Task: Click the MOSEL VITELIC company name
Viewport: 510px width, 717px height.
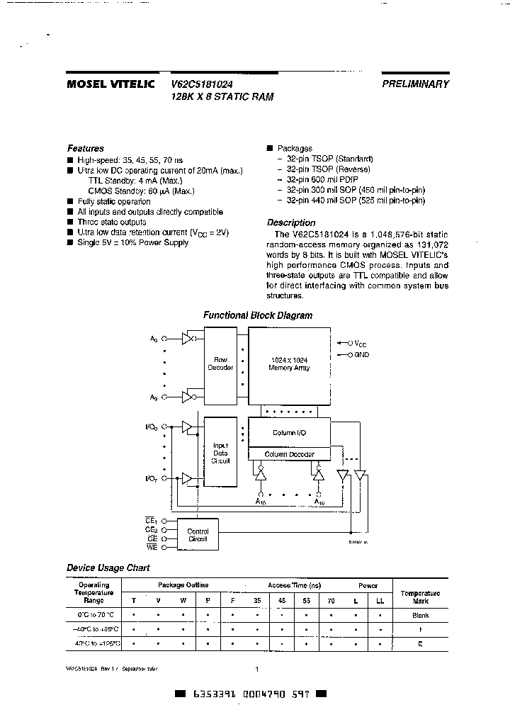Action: click(x=112, y=84)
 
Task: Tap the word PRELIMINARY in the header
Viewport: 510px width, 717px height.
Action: click(x=416, y=84)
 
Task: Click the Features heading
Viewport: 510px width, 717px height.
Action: click(x=85, y=149)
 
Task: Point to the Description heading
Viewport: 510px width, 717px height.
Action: click(x=291, y=222)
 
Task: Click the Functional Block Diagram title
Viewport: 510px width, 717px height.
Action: click(x=258, y=316)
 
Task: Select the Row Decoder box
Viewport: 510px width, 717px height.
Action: click(x=220, y=364)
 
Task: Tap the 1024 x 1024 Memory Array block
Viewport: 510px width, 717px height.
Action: click(x=288, y=364)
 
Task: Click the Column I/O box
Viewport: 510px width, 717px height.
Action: click(x=288, y=432)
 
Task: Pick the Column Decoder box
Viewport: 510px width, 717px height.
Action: click(x=288, y=454)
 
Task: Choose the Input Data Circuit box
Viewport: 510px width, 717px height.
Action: click(x=220, y=453)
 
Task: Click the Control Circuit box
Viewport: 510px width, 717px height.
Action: click(x=198, y=534)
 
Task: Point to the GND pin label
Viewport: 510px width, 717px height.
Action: click(x=362, y=354)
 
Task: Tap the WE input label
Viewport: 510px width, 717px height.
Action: click(x=152, y=546)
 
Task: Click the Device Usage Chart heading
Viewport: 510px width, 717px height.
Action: click(x=108, y=568)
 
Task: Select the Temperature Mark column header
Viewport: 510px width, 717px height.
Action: click(x=420, y=597)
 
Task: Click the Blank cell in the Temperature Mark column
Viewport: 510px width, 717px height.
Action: click(x=420, y=616)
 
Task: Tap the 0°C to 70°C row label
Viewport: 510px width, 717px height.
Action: click(x=93, y=616)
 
